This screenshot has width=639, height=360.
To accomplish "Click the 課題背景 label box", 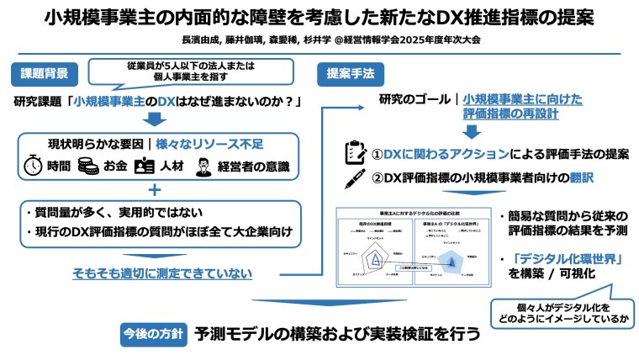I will (x=42, y=73).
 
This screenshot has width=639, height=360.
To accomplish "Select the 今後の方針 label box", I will (x=152, y=333).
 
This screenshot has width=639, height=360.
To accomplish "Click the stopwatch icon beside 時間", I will (x=32, y=166).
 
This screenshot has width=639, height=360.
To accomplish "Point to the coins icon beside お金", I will (x=87, y=166).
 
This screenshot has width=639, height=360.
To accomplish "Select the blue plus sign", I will (x=154, y=190).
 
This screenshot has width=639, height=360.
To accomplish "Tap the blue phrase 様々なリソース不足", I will (x=199, y=144).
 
